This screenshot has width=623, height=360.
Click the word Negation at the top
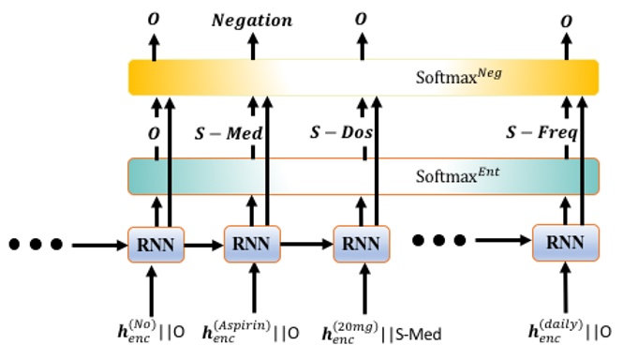[x=252, y=20]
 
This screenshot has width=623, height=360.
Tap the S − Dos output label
[x=341, y=133]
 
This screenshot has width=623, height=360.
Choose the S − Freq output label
[x=541, y=133]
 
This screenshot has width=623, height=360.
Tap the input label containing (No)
[x=156, y=330]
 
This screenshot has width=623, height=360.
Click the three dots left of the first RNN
[x=36, y=245]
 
